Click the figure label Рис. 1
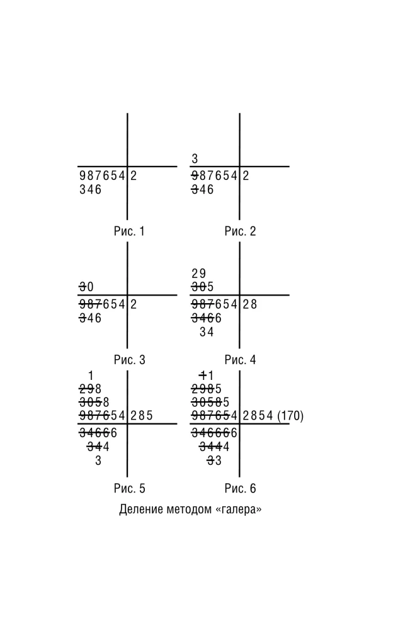pos(129,231)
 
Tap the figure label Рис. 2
pos(240,231)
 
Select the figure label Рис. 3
pos(129,359)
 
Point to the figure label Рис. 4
pos(240,359)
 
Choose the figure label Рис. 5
pos(129,488)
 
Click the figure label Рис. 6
pos(240,488)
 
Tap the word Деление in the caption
pos(140,509)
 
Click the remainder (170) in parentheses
pos(290,416)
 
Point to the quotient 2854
pos(258,416)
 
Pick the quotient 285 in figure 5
pos(141,416)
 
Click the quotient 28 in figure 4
pos(250,304)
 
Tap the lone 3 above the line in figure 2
pos(195,159)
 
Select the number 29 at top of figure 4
pos(199,274)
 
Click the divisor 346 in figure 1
pos(90,189)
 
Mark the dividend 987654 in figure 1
pos(103,175)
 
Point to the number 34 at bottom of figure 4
pos(207,332)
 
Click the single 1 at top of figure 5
pos(91,376)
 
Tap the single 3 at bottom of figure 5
pos(98,460)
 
